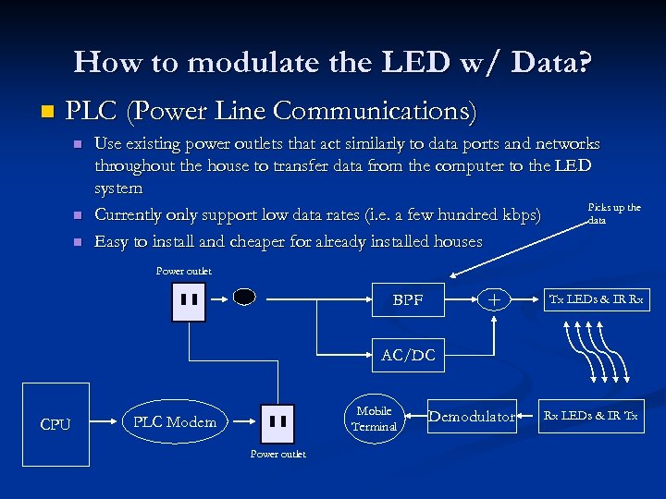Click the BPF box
pyautogui.click(x=408, y=300)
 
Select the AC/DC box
pyautogui.click(x=408, y=356)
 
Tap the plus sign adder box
pyautogui.click(x=495, y=300)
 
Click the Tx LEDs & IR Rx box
pyautogui.click(x=597, y=299)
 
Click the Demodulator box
pyautogui.click(x=472, y=417)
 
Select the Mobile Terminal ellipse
pyautogui.click(x=375, y=419)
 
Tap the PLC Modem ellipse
pyautogui.click(x=175, y=422)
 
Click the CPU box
pyautogui.click(x=55, y=424)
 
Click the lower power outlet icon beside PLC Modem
pyautogui.click(x=277, y=423)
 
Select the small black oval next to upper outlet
pyautogui.click(x=243, y=298)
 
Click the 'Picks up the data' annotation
pyautogui.click(x=613, y=213)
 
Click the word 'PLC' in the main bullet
pyautogui.click(x=92, y=112)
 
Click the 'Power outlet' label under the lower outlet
pyautogui.click(x=277, y=454)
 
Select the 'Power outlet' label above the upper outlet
pyautogui.click(x=183, y=271)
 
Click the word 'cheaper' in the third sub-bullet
pyautogui.click(x=268, y=242)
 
